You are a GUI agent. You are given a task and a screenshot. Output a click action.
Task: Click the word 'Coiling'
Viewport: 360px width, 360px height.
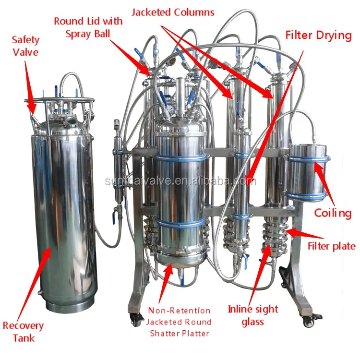(x=333, y=213)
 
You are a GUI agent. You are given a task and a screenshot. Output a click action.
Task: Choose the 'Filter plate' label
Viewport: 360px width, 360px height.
(x=331, y=246)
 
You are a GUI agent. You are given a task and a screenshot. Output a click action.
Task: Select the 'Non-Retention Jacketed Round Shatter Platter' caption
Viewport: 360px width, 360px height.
(x=179, y=322)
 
